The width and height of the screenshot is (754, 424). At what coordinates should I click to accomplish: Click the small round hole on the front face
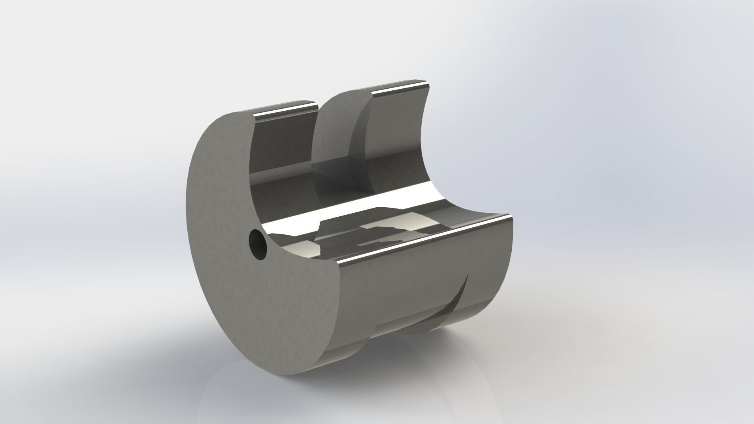pyautogui.click(x=258, y=245)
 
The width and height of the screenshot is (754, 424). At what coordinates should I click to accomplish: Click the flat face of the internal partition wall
pyautogui.click(x=334, y=130)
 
